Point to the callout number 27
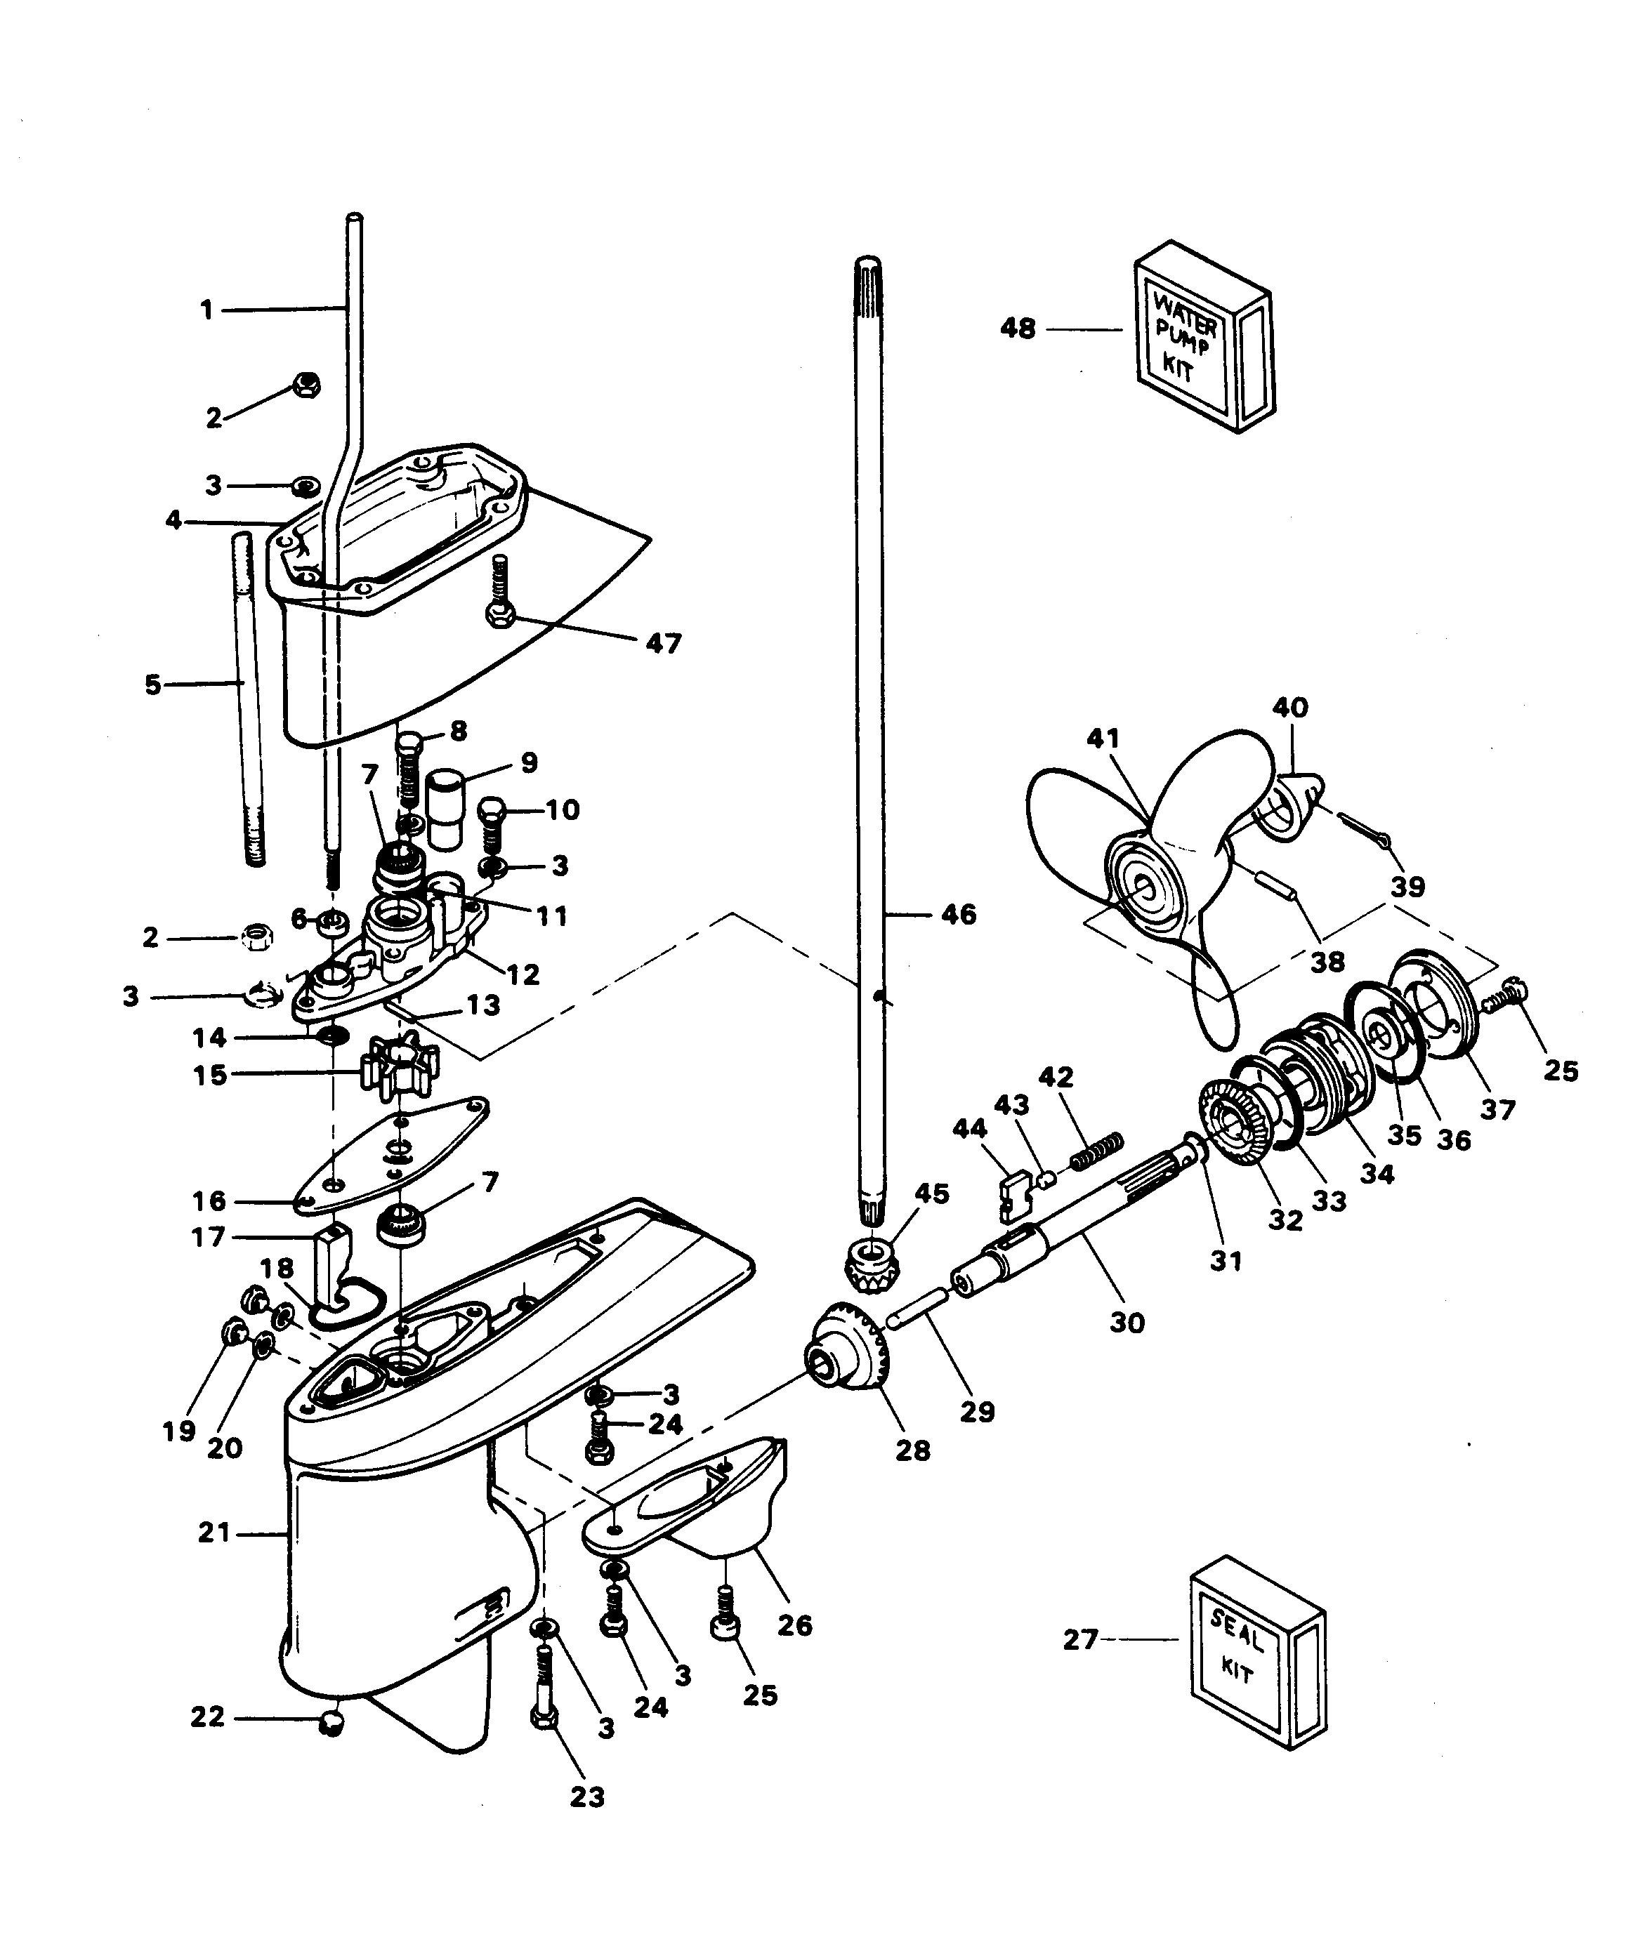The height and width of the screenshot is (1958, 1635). click(x=1081, y=1639)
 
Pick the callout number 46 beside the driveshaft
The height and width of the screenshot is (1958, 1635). click(x=958, y=915)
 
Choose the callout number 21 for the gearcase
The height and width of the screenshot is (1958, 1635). click(x=214, y=1532)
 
